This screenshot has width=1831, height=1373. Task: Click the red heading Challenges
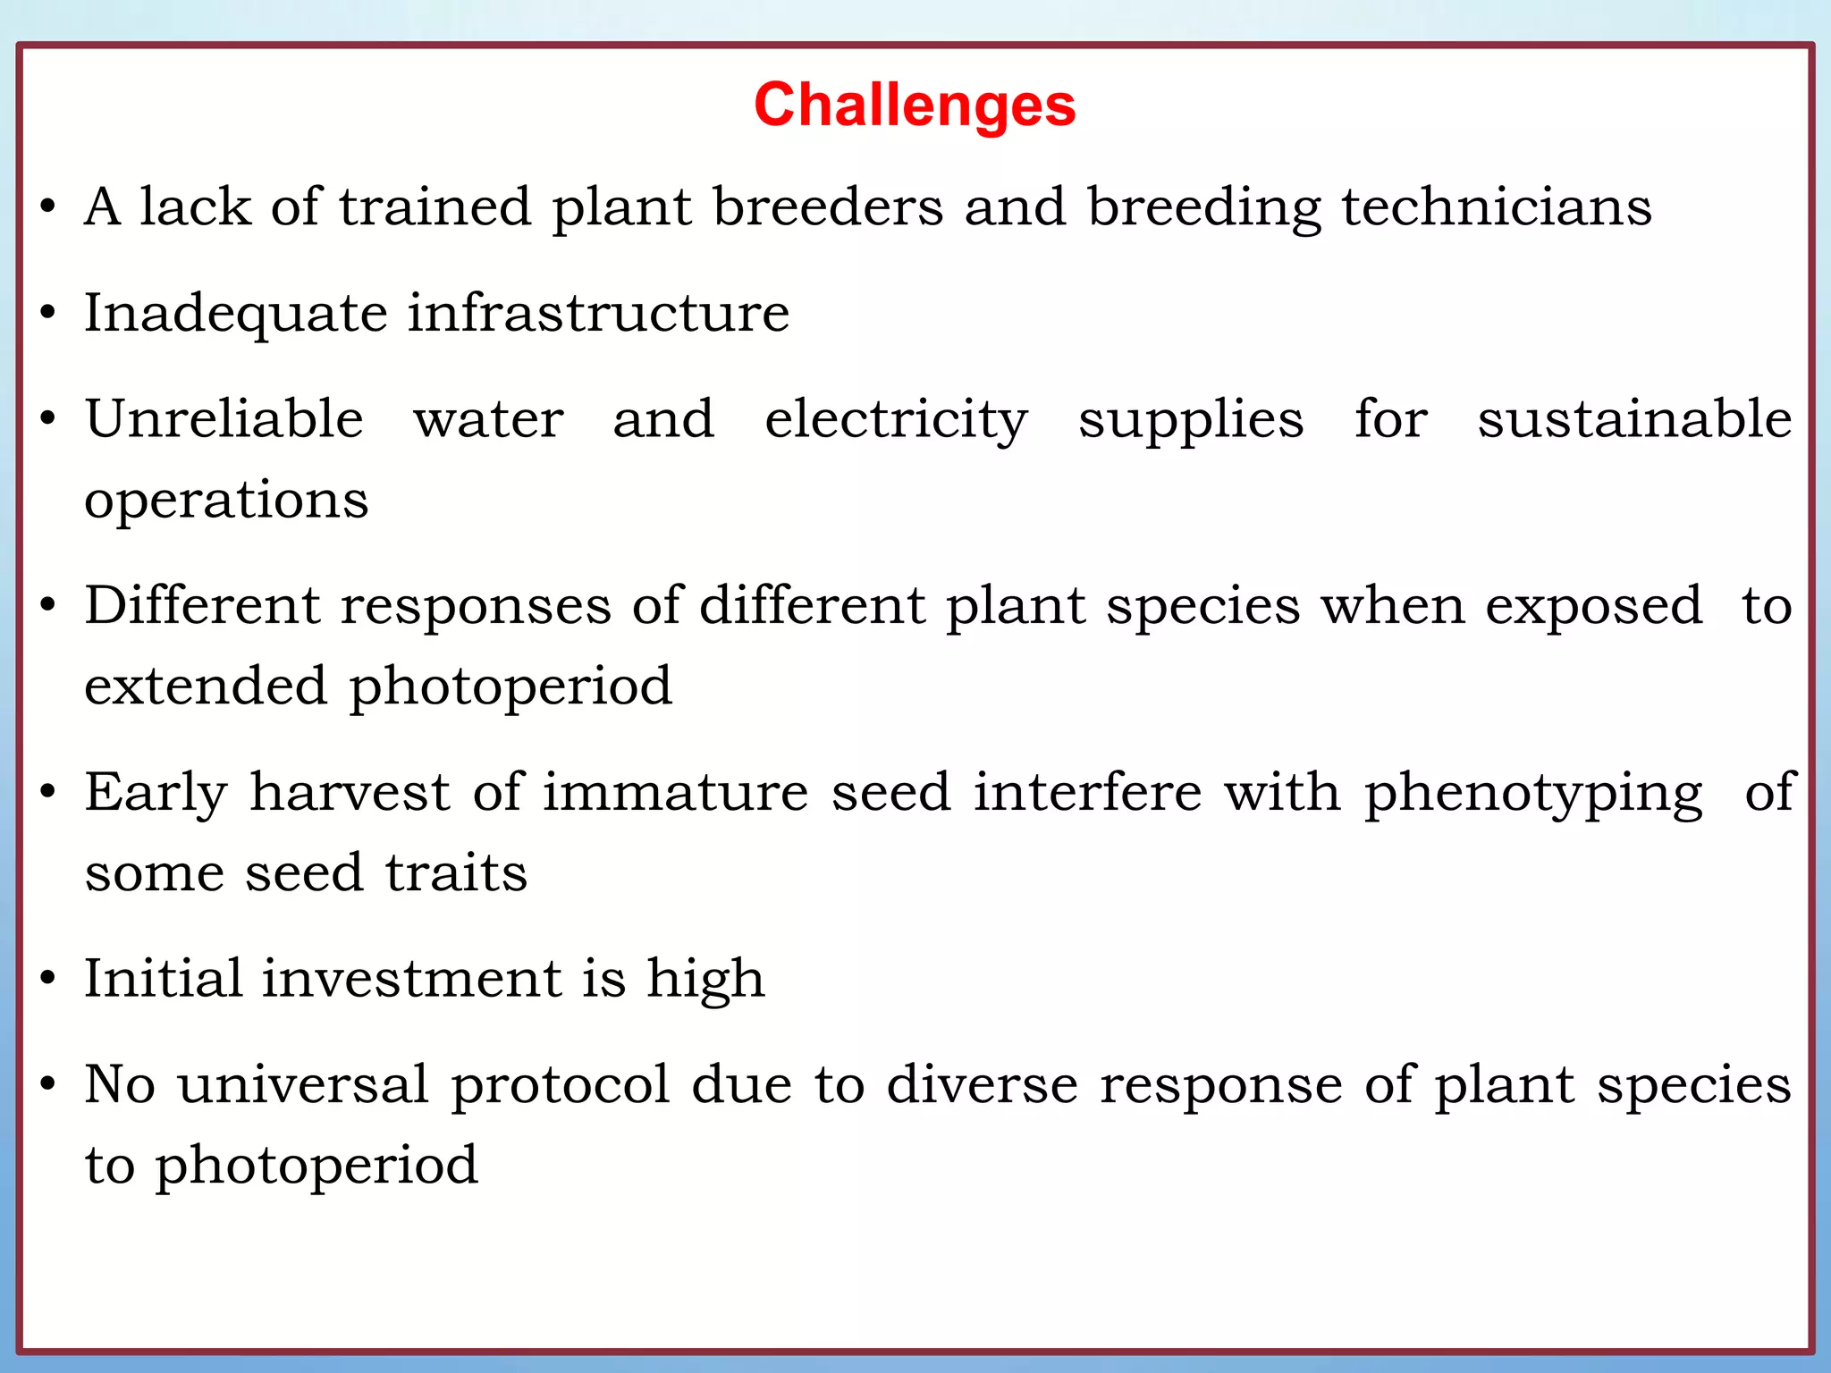tap(915, 105)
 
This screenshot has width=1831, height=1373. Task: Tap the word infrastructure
tap(598, 313)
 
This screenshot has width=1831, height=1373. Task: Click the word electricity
tap(896, 420)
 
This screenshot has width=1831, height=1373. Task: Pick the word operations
tap(226, 501)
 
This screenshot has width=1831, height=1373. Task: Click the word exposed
tap(1593, 606)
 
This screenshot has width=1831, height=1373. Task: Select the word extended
tap(206, 686)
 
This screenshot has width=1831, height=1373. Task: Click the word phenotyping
tap(1532, 795)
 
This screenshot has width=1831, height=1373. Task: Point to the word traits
tap(456, 872)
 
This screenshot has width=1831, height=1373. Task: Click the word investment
tap(412, 978)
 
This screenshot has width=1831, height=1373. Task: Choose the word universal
tap(303, 1084)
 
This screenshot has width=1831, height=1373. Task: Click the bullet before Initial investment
tap(48, 979)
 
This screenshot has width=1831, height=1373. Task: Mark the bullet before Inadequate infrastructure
tap(48, 314)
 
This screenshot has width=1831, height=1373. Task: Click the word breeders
tap(828, 207)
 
